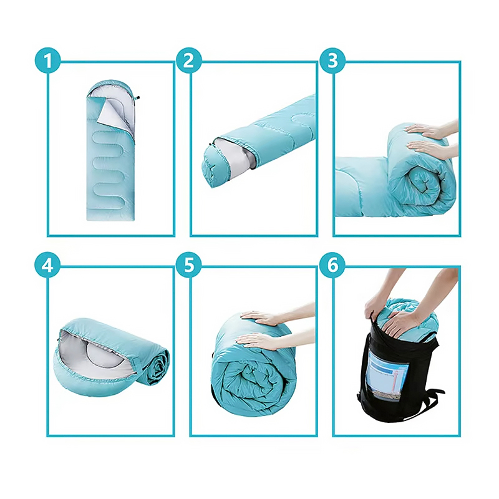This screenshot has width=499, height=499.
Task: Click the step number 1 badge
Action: (x=48, y=61)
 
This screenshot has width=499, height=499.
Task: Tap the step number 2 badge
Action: (x=189, y=61)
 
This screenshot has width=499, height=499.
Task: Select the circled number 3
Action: (x=332, y=61)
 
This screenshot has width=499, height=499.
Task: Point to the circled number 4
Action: (x=48, y=264)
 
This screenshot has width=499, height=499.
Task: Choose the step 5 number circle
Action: (x=189, y=264)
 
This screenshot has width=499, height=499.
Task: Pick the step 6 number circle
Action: (x=332, y=264)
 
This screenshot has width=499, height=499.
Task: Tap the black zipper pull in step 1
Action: (x=137, y=98)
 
